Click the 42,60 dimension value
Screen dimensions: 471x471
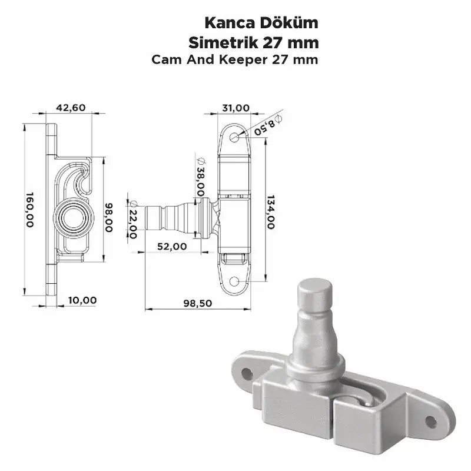(x=70, y=107)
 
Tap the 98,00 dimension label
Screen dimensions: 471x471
(x=108, y=217)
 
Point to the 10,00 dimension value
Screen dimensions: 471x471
(x=82, y=300)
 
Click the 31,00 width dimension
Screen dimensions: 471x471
(x=235, y=107)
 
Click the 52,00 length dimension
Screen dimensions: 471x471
(x=173, y=246)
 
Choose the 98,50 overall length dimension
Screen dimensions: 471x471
(x=197, y=303)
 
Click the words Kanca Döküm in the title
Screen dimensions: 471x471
(x=261, y=24)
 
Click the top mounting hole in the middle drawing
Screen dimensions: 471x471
(x=235, y=137)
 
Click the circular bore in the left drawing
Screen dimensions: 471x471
(x=74, y=217)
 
